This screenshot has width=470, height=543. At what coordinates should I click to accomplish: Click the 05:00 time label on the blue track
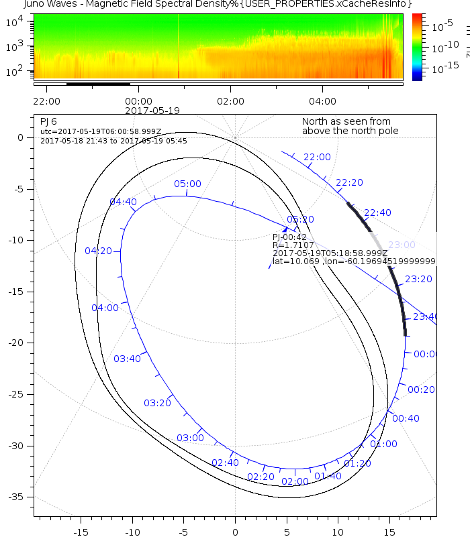(187, 184)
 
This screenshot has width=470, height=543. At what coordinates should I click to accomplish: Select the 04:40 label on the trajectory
(123, 201)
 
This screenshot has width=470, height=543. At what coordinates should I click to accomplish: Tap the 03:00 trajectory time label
(190, 438)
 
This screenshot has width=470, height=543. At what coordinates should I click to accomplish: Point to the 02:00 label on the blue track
(295, 481)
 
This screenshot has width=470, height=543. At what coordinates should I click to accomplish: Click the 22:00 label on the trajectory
(317, 157)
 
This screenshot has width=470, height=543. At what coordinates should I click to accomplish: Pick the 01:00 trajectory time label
(383, 444)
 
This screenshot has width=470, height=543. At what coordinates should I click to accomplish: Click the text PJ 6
(48, 121)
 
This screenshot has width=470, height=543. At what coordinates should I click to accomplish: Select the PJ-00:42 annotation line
(289, 237)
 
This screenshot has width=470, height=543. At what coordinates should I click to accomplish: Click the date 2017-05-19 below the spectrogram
(152, 110)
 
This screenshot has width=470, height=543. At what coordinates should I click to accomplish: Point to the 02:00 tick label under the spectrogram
(230, 101)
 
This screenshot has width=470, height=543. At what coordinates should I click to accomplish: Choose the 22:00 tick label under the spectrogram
(46, 101)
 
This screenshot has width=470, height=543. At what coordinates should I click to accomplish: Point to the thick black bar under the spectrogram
(98, 84)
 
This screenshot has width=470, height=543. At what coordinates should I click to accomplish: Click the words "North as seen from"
(346, 121)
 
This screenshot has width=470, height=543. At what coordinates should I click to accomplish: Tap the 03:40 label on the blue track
(127, 359)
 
